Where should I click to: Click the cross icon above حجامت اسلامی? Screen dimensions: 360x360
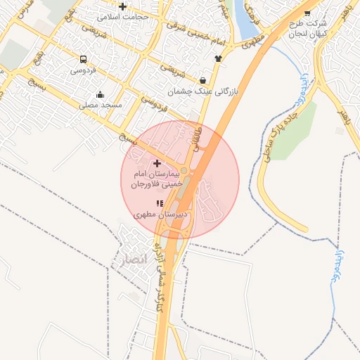tap(123, 7)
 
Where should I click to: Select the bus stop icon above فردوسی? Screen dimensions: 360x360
tap(84, 60)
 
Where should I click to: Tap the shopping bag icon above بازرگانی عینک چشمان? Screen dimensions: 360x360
tap(203, 80)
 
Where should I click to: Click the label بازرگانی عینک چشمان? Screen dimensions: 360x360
tap(203, 91)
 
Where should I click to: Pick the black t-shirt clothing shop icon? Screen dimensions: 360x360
tap(218, 59)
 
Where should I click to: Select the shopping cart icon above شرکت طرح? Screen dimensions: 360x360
tap(307, 12)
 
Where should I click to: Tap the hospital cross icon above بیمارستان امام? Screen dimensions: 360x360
tap(157, 163)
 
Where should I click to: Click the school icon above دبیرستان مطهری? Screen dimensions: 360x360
tap(159, 203)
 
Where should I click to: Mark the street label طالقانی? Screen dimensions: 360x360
tap(198, 138)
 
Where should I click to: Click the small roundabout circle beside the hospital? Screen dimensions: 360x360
tap(184, 171)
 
